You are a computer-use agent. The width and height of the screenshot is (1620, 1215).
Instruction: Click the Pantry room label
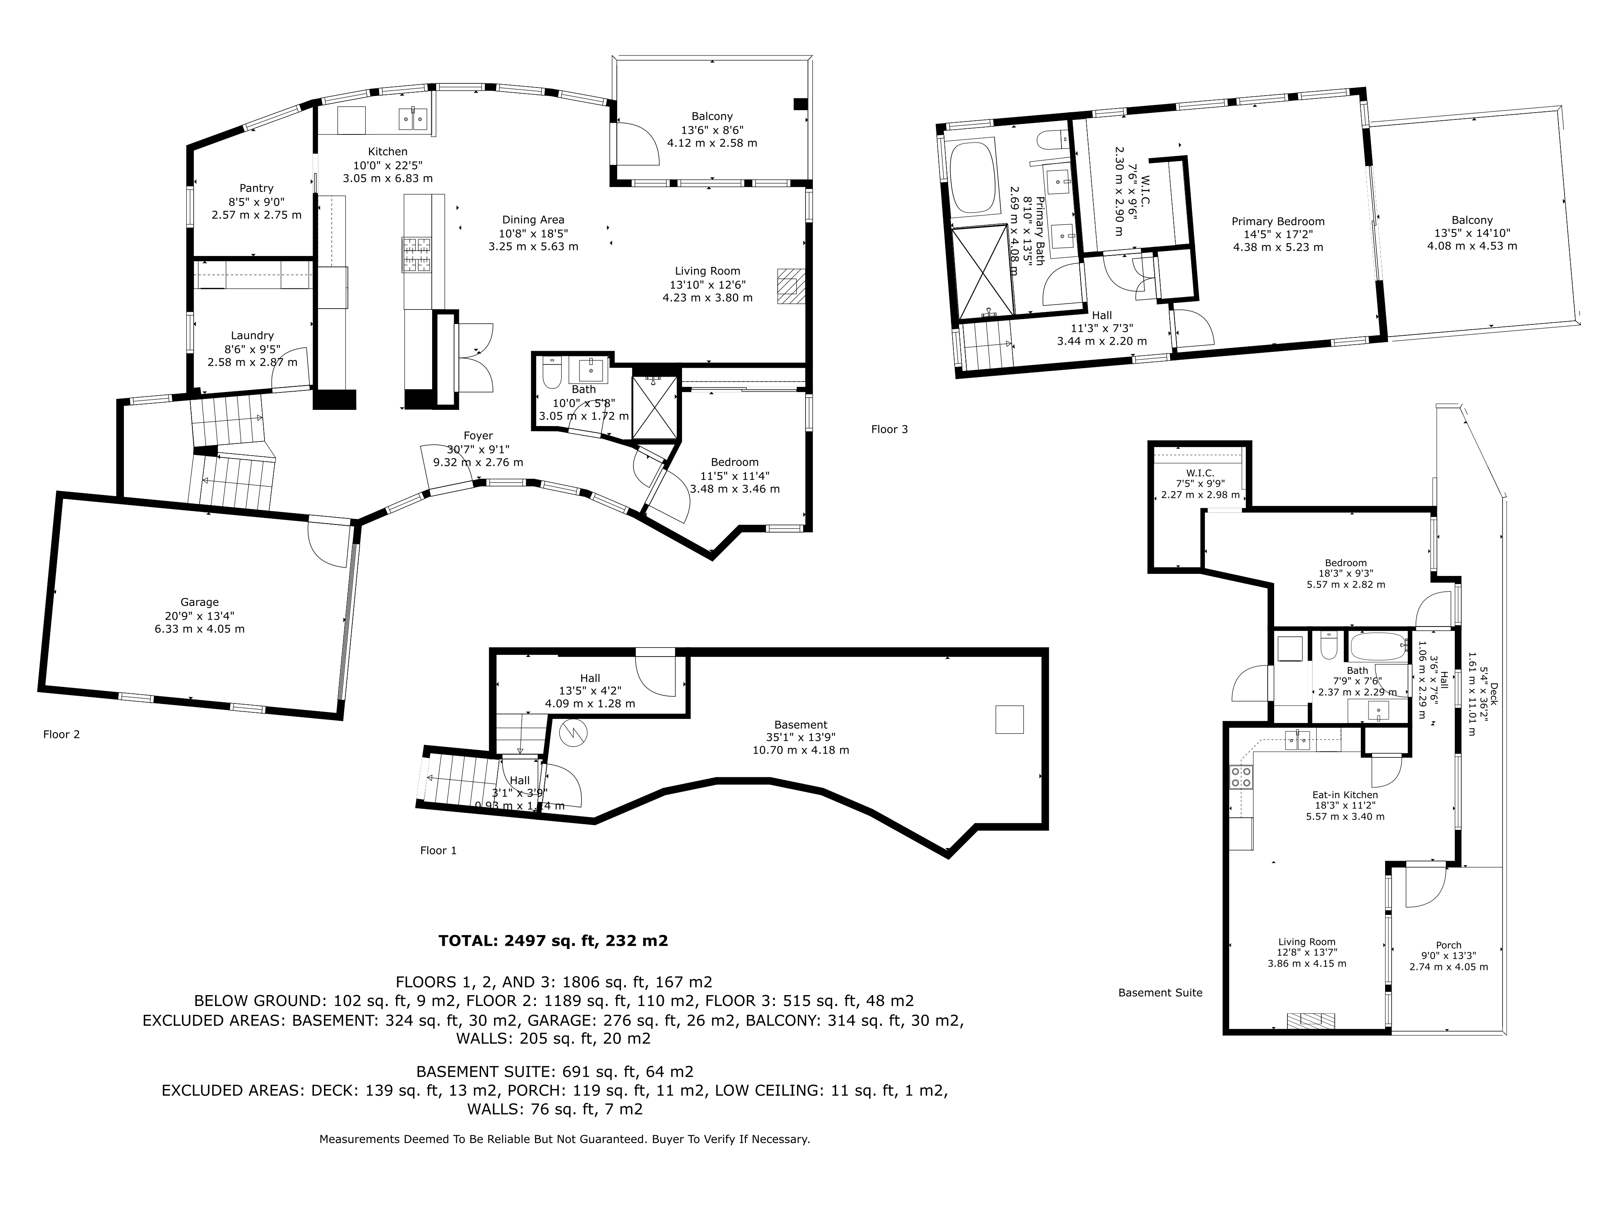(256, 188)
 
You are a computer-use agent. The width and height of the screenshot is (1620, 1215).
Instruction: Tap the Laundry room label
(253, 335)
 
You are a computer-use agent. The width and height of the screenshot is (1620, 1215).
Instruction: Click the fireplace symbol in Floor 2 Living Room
(791, 286)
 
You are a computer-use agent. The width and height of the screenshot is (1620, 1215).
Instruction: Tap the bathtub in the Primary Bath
(972, 178)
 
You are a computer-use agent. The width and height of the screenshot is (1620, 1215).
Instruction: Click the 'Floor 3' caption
(889, 429)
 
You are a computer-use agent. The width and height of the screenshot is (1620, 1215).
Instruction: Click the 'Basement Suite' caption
(1160, 992)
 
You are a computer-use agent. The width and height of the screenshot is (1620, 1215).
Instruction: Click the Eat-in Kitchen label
(1345, 795)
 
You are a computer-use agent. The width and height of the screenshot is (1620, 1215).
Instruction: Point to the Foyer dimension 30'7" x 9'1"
(478, 449)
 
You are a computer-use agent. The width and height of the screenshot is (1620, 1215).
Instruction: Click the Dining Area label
(533, 220)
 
